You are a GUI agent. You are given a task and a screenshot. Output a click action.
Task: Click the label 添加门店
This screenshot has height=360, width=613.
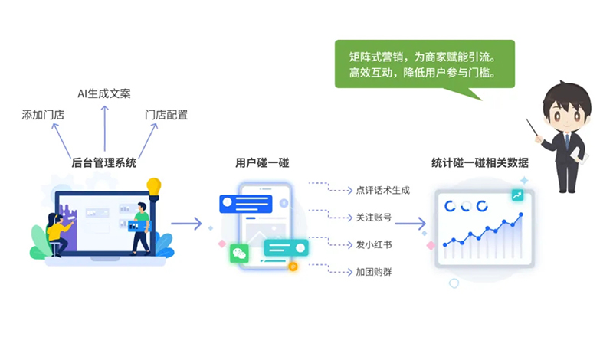coord(43,115)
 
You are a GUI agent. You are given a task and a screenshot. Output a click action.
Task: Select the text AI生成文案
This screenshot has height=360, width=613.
coord(104,93)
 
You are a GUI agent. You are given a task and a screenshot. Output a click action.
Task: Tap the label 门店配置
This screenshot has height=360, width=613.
coord(166,115)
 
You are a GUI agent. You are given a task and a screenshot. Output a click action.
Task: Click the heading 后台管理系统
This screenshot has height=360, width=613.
coord(104,162)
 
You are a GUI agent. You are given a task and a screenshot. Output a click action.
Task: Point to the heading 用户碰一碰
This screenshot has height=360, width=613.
coord(262,162)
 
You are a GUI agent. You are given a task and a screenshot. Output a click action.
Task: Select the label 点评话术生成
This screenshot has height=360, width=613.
coord(382,190)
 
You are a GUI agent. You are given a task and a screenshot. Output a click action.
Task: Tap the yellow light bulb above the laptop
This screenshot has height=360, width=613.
coord(154,186)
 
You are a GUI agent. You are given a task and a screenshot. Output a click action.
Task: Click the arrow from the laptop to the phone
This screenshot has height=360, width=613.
coord(186,224)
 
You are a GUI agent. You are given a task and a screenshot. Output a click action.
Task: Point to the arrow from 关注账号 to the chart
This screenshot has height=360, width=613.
coord(411,224)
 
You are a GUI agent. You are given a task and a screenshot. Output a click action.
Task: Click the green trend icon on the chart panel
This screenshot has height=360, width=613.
coord(519,195)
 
